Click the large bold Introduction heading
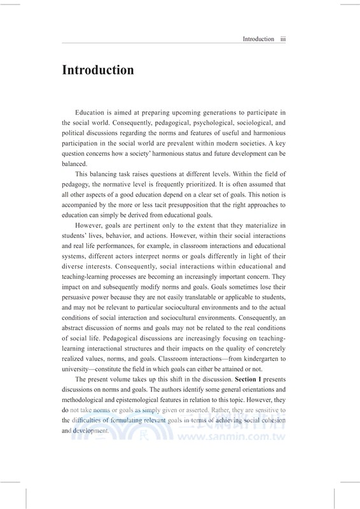click(x=97, y=70)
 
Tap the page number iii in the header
click(x=284, y=39)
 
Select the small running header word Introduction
click(x=258, y=39)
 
